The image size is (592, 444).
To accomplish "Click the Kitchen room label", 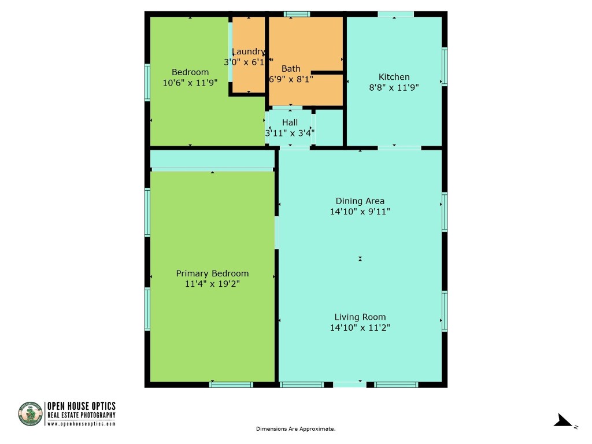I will [394, 77].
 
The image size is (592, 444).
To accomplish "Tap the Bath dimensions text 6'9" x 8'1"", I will [291, 79].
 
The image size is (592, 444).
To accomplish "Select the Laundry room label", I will [249, 51].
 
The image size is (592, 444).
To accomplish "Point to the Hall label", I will [290, 123].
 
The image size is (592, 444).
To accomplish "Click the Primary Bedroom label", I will [212, 273].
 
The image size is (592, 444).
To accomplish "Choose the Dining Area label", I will [360, 201].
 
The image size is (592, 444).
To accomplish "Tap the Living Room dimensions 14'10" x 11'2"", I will [360, 328].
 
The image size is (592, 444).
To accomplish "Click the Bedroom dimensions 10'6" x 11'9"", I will [190, 83].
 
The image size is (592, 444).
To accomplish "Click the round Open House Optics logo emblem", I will [31, 414].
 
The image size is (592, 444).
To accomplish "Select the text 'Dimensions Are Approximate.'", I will [295, 429].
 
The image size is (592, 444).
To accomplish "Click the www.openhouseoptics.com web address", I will [82, 424].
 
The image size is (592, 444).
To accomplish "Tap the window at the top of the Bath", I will [297, 14].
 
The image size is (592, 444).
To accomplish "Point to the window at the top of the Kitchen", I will [395, 14].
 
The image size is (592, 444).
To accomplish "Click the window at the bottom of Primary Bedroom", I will [231, 384].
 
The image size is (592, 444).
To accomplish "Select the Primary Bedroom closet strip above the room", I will [212, 159].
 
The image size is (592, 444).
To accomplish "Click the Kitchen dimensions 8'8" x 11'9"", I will [394, 88].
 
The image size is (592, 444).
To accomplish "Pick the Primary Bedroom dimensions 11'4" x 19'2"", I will [212, 284].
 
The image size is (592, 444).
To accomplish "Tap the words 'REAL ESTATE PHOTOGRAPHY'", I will [82, 415].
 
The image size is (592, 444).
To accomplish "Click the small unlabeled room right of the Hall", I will [329, 127].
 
